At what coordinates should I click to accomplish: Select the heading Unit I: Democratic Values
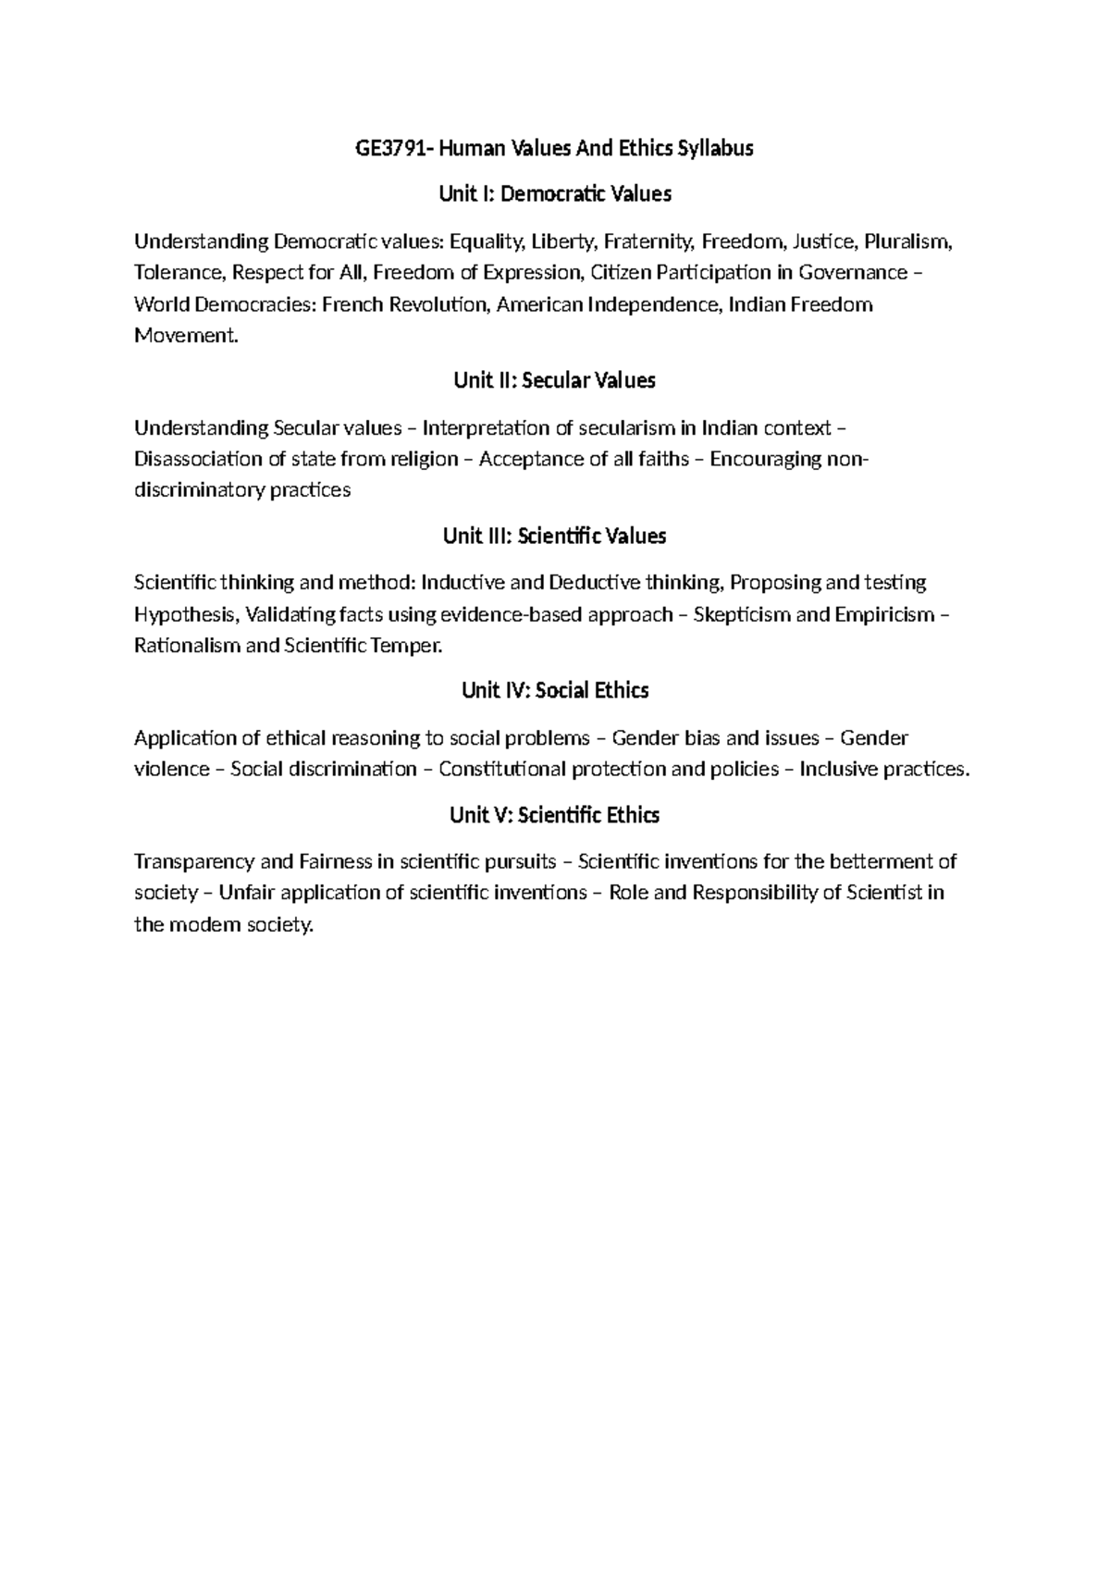click(554, 194)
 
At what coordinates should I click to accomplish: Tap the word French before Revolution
click(351, 304)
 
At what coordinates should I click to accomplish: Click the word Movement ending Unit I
click(185, 336)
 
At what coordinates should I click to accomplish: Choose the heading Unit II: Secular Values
click(554, 380)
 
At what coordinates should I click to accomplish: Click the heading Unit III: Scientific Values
click(554, 537)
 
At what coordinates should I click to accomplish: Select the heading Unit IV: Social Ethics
click(554, 691)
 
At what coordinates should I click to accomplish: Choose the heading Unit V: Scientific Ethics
click(554, 815)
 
